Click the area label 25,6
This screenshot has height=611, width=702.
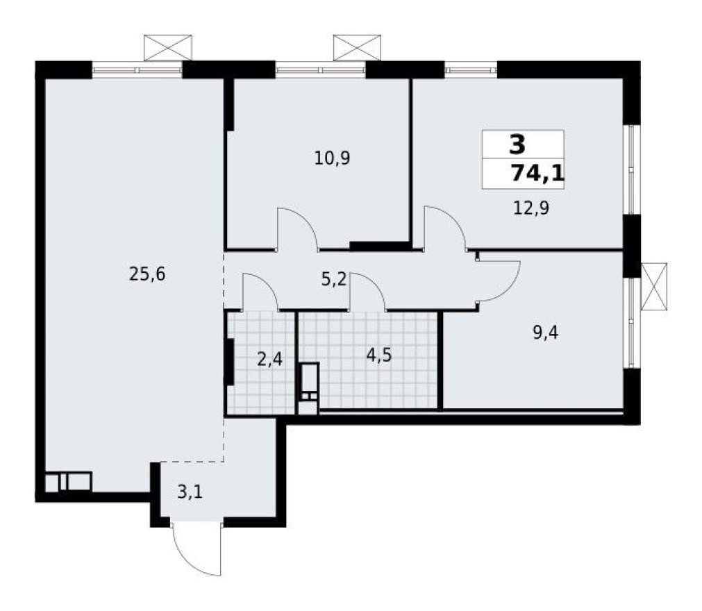click(147, 274)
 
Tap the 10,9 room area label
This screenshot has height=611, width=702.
click(332, 158)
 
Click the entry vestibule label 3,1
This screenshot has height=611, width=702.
click(192, 494)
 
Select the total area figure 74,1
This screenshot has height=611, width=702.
click(537, 172)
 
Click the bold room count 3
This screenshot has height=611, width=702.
click(517, 145)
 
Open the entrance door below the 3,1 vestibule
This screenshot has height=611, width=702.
click(197, 550)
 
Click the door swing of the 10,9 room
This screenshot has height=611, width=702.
click(297, 228)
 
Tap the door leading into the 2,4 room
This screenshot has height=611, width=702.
click(260, 292)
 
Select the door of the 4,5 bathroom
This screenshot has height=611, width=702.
click(369, 292)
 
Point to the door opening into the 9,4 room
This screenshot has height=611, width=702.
click(497, 279)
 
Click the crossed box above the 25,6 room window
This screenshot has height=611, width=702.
click(167, 47)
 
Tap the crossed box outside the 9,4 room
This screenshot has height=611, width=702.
click(653, 285)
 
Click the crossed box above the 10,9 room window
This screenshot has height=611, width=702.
click(357, 47)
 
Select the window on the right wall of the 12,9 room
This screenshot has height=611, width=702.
click(630, 170)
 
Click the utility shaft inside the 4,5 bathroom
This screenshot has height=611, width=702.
click(308, 382)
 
